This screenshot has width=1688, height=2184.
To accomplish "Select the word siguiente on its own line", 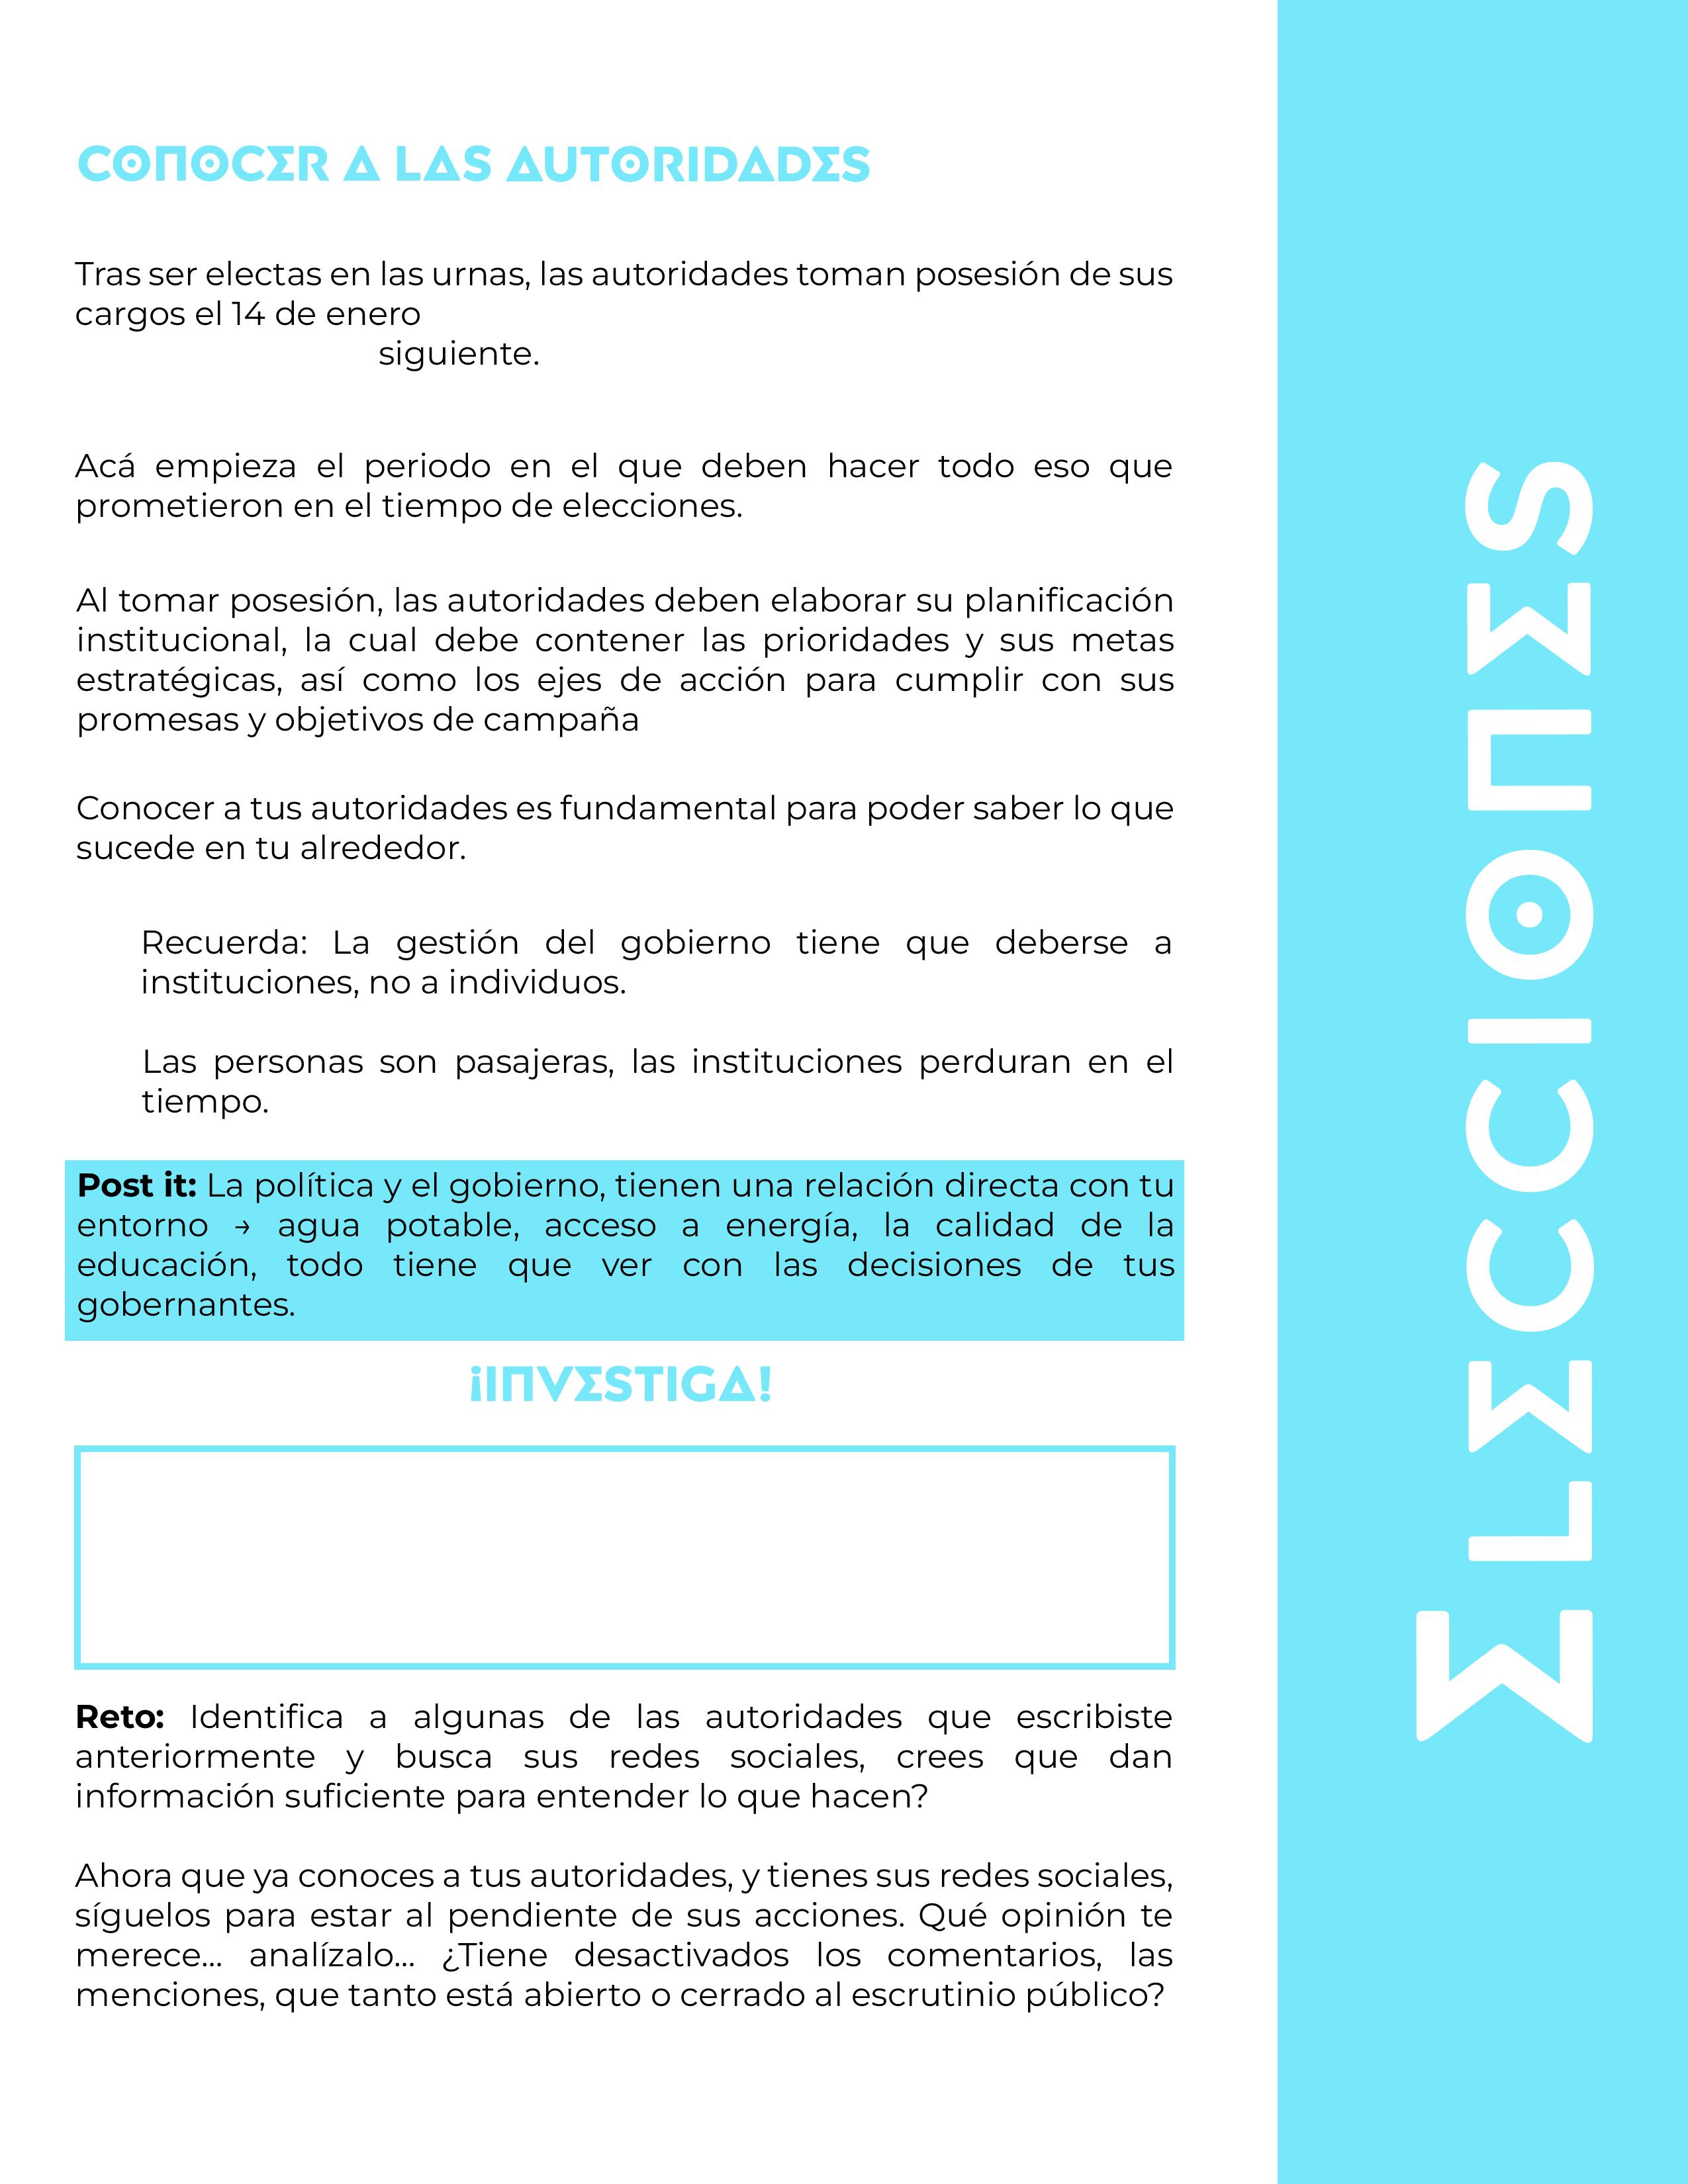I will click(x=458, y=355).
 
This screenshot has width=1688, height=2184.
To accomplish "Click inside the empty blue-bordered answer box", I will click(x=624, y=1557).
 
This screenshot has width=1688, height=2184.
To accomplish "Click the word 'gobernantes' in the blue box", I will click(x=184, y=1306).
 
